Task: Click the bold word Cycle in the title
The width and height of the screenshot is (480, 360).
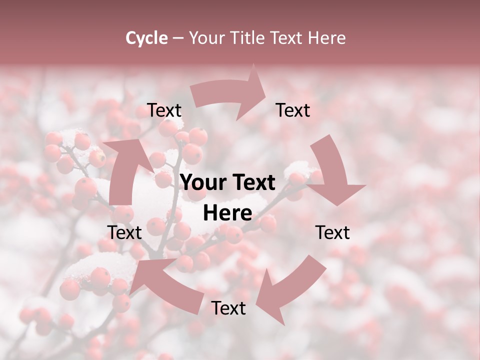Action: coord(146,38)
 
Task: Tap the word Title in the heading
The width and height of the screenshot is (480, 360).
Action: coord(248,38)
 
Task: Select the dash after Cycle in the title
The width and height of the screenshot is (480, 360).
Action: coord(178,38)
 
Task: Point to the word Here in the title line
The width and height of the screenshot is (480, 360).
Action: coord(326,38)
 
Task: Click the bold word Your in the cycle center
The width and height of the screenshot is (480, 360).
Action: coord(202,183)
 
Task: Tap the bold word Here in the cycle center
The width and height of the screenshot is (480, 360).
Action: coord(227,213)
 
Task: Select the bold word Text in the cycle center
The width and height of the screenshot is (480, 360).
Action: coord(252,183)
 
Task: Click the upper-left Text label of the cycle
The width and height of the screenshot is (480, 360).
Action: coord(164,110)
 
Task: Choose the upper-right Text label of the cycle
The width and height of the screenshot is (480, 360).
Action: coord(293,110)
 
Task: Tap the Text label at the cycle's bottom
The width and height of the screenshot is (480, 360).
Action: coord(228,308)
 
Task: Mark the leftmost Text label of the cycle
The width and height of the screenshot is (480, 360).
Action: coord(124,232)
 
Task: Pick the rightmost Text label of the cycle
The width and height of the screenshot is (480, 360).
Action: coord(332,232)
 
